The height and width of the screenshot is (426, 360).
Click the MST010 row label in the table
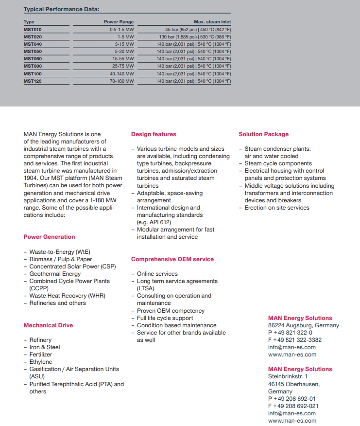[33, 29]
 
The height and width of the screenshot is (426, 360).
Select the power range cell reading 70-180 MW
[121, 81]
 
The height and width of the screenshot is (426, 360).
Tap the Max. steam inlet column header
[212, 22]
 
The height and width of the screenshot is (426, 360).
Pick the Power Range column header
[119, 22]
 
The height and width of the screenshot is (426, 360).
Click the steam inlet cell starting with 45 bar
[198, 29]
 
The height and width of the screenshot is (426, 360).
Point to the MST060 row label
[33, 59]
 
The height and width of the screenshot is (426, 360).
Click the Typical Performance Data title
[61, 9]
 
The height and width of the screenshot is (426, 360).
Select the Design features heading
[154, 134]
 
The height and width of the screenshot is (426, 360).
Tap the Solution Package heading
[263, 134]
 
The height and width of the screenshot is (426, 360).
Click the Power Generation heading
[49, 237]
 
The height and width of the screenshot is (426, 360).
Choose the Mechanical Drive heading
[48, 325]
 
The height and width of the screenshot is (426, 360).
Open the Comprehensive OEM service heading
[172, 259]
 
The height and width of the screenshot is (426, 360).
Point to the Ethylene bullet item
[41, 362]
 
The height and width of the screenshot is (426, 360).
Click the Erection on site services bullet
[276, 208]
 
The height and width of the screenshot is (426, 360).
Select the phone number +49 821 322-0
[292, 333]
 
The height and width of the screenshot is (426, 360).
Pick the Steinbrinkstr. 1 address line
[288, 376]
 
